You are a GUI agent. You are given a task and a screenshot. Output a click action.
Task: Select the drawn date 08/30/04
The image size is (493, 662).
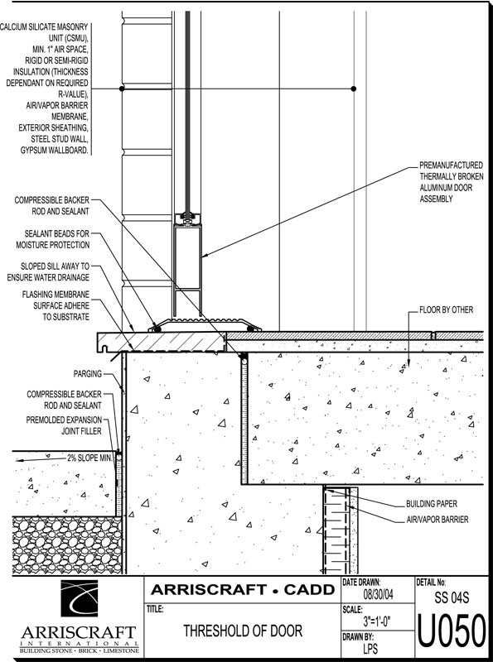[x=379, y=594]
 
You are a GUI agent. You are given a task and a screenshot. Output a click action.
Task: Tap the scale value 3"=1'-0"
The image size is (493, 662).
[x=376, y=621]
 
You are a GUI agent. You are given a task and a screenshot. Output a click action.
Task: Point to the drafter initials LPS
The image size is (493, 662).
[x=370, y=649]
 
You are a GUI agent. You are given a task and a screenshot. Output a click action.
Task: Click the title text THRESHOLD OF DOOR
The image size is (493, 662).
[x=243, y=631]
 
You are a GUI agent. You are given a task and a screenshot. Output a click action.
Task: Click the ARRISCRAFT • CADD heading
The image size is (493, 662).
[x=243, y=589]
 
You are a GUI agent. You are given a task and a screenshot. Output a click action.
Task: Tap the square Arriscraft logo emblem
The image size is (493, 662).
[x=79, y=598]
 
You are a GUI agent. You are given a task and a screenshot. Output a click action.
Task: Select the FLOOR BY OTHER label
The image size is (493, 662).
[x=446, y=309]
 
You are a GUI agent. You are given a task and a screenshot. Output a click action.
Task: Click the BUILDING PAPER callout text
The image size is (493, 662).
[x=431, y=504]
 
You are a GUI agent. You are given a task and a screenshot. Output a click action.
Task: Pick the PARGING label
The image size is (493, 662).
[x=88, y=374]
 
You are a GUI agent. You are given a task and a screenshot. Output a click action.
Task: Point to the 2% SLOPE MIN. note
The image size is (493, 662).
[x=89, y=458]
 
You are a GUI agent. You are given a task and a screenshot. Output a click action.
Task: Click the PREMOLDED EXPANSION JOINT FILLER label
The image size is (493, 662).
[x=64, y=425]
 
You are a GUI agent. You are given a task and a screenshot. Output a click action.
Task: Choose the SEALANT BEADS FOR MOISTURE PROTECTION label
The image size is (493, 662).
[x=53, y=239]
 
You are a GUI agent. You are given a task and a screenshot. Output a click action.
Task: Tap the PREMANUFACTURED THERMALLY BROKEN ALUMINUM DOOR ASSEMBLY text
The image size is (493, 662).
[x=451, y=182]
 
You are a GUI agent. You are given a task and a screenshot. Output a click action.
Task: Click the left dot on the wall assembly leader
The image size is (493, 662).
[x=122, y=89]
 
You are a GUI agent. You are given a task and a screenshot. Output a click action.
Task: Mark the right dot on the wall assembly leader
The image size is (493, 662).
[x=354, y=89]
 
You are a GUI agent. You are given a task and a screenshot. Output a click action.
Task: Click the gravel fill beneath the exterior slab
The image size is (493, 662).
[x=67, y=545]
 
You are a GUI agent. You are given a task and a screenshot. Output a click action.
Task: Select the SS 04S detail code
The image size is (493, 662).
[x=452, y=597]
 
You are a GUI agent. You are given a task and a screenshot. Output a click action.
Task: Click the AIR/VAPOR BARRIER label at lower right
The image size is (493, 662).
[x=437, y=520]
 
